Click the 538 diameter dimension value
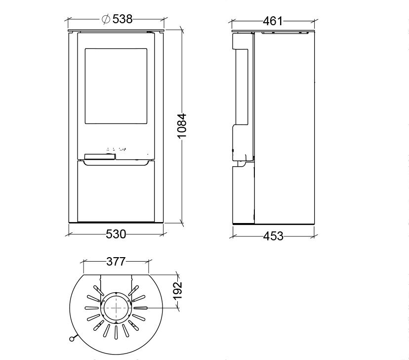[x=123, y=19]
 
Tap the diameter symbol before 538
[x=106, y=19]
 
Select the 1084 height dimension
[x=182, y=126]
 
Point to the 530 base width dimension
[x=116, y=234]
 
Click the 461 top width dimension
[x=273, y=21]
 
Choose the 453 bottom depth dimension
[x=273, y=236]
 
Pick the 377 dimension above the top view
[x=116, y=261]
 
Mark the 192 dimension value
[x=178, y=291]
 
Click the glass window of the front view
[x=116, y=86]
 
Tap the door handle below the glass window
[x=100, y=157]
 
